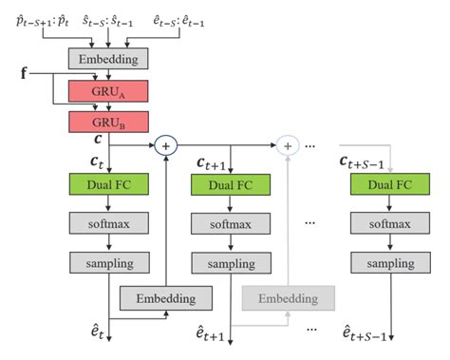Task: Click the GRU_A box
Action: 109,91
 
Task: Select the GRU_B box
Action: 109,122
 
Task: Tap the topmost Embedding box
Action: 109,60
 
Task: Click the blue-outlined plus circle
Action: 166,145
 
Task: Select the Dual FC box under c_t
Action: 109,185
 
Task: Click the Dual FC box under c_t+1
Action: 232,185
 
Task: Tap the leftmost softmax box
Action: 109,224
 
